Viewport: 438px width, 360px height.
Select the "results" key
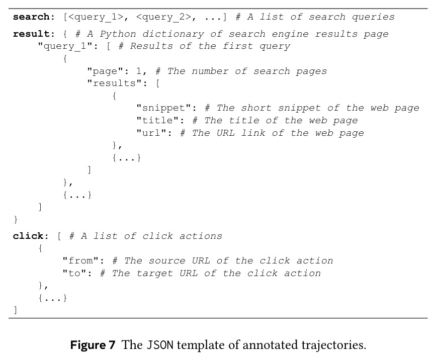click(117, 83)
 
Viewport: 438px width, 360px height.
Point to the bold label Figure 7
click(93, 345)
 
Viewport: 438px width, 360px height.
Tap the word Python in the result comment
click(118, 34)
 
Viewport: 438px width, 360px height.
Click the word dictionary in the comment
click(173, 34)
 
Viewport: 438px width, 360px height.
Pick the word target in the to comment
click(154, 273)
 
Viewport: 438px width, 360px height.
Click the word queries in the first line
click(373, 17)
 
